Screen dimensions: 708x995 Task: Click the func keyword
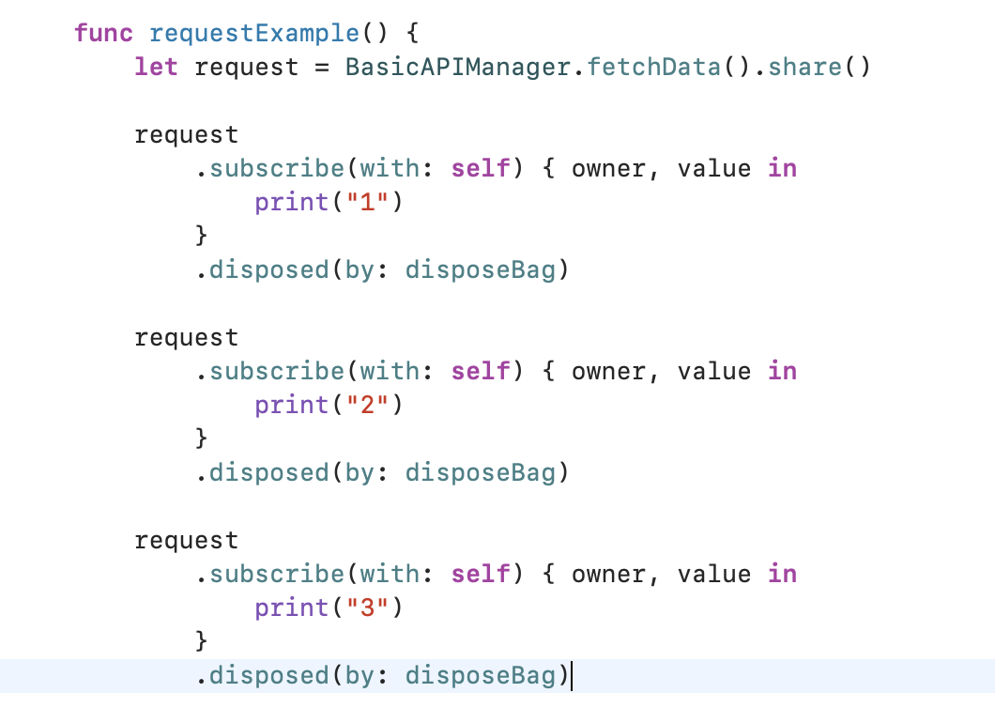[104, 34]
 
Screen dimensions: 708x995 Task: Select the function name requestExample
[254, 34]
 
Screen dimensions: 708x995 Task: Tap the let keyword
[156, 68]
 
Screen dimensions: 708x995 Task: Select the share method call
[804, 68]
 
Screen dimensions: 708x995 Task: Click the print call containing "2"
[291, 406]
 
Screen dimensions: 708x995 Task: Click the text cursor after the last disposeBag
[572, 676]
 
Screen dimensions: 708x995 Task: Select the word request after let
[246, 68]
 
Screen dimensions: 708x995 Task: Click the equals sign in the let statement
[322, 68]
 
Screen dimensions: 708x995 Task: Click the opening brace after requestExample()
[412, 34]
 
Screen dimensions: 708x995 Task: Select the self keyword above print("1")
[481, 169]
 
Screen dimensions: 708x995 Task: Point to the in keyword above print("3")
[782, 575]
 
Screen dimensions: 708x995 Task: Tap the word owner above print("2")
[608, 372]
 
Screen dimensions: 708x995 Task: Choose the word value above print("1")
[714, 169]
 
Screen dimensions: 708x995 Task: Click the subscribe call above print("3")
[277, 575]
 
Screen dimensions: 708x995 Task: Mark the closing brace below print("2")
[201, 439]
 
